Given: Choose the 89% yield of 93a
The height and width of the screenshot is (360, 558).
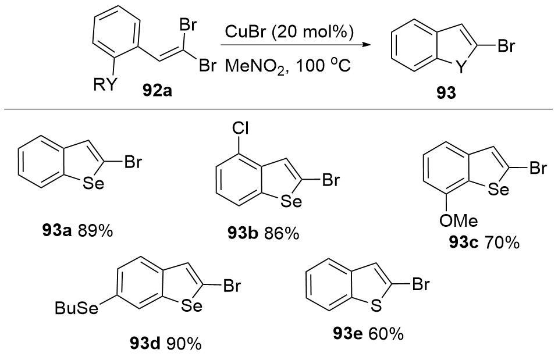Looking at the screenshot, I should click(97, 231).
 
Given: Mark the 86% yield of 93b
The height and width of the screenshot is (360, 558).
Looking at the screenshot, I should click(283, 234).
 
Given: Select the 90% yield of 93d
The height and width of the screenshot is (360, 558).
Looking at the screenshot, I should click(184, 344).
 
